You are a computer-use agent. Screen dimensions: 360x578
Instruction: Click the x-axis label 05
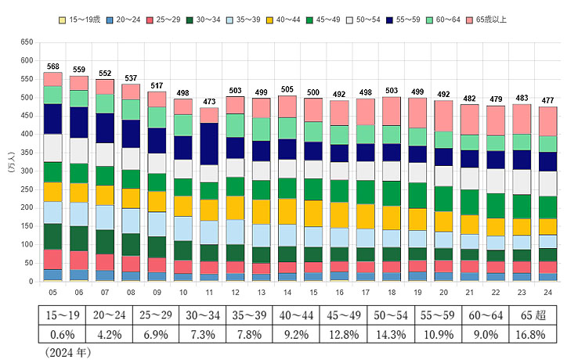(x=53, y=291)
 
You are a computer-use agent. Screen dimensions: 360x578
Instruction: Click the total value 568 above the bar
(x=53, y=66)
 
